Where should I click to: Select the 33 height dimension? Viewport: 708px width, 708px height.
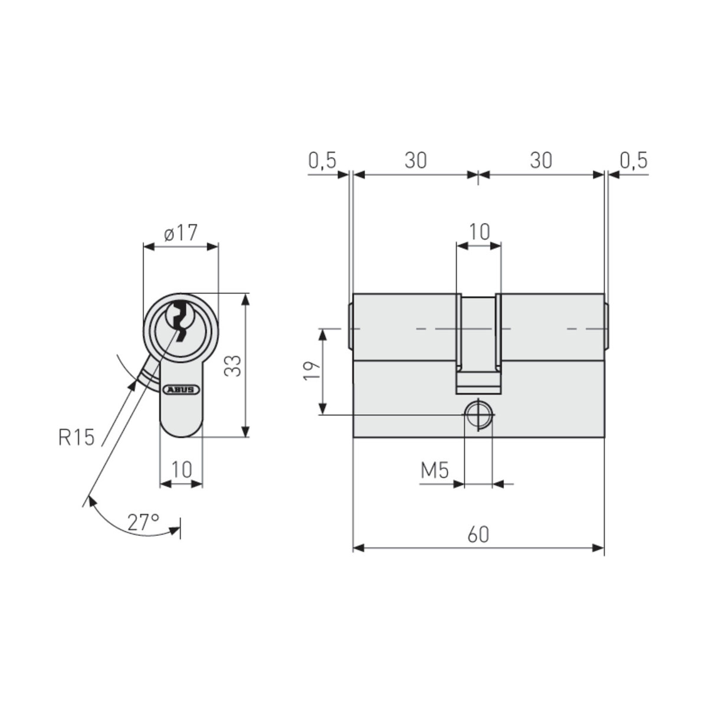tap(234, 366)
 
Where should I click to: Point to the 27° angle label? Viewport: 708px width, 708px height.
tap(143, 522)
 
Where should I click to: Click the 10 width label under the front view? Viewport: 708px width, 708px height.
tap(182, 470)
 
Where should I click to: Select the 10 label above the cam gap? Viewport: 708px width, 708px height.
tap(478, 232)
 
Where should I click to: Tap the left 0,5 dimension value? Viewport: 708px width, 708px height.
tap(322, 160)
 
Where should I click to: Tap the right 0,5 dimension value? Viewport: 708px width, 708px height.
tap(634, 160)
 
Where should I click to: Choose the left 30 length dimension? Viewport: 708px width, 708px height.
tap(415, 160)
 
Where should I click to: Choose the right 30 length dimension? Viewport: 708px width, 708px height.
tap(540, 160)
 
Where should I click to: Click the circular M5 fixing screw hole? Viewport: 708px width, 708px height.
tap(478, 415)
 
